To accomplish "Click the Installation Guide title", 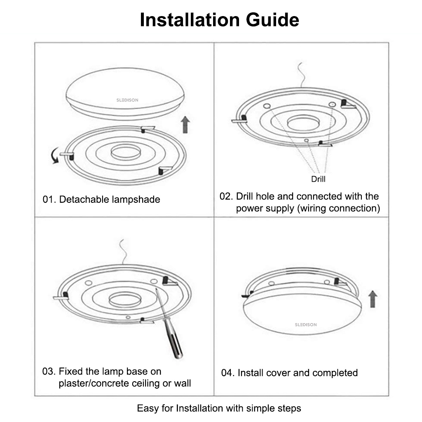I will click(x=219, y=20).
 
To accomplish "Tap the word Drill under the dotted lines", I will click(x=318, y=179).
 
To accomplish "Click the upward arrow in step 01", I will click(x=185, y=124).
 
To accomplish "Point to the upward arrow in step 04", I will click(x=372, y=299).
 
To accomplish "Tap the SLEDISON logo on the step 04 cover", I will click(x=306, y=325).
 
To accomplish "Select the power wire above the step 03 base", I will click(x=122, y=251).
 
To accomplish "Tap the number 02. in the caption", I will click(x=226, y=196).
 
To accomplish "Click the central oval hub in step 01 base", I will click(x=125, y=152).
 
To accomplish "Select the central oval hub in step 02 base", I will click(x=303, y=123).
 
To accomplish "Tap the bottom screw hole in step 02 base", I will click(x=306, y=140).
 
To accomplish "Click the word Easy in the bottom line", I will click(x=147, y=408).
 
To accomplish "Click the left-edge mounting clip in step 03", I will click(x=61, y=297).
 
